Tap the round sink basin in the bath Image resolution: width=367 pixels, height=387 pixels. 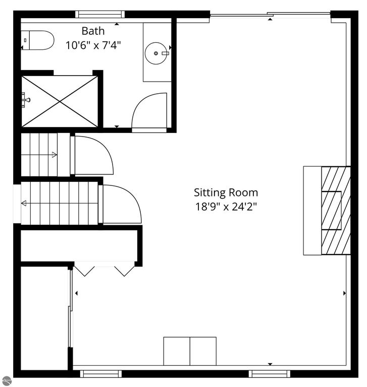[x=159, y=51]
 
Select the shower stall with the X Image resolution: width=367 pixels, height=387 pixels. [x=59, y=101]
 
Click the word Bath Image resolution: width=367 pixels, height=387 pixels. [x=93, y=31]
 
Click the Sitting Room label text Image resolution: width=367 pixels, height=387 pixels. [x=226, y=192]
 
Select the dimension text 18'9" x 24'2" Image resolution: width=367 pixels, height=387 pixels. [x=226, y=206]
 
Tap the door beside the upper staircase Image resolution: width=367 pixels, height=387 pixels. [x=93, y=155]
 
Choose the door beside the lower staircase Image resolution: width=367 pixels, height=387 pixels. [x=121, y=204]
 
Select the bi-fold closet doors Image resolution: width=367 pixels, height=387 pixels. [x=104, y=269]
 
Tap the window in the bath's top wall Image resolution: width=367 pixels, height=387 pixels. [x=99, y=14]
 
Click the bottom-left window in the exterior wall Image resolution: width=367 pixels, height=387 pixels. [x=101, y=374]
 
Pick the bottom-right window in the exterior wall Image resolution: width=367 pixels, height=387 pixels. [x=270, y=374]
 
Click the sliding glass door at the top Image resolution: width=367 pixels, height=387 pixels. [x=270, y=15]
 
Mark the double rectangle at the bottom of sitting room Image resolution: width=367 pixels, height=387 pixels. [x=190, y=351]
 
